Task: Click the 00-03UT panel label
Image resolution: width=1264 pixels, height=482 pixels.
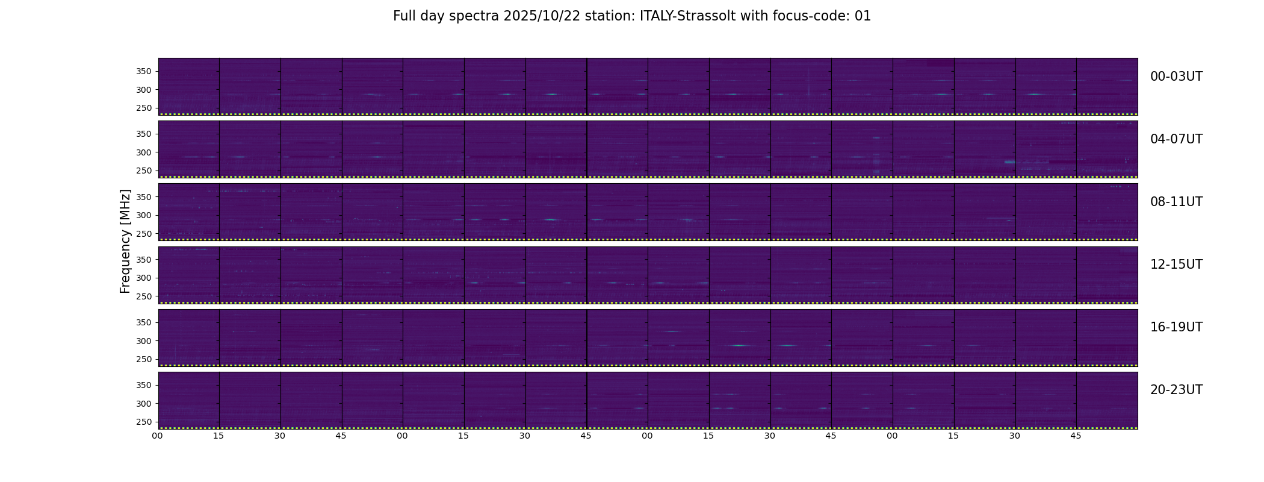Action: coord(1176,77)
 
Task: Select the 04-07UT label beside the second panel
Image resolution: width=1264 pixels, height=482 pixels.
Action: coord(1176,139)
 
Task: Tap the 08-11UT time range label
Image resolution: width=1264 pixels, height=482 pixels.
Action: coord(1176,202)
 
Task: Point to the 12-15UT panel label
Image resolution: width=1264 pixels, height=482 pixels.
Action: coord(1176,264)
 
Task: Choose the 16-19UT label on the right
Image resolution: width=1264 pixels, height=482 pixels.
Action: coord(1176,327)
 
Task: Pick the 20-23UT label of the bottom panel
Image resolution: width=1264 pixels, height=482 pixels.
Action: coord(1176,390)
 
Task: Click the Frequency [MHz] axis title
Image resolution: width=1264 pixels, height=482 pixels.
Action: coord(125,241)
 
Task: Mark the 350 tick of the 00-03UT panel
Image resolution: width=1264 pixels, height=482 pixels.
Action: coord(143,72)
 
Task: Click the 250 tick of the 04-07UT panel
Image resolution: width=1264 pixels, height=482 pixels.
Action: coord(143,171)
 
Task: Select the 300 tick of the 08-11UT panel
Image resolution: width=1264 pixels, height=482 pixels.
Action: coord(143,215)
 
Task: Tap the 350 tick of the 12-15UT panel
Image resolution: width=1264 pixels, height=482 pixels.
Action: coord(143,260)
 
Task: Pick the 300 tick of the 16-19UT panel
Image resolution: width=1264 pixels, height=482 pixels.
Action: coord(143,341)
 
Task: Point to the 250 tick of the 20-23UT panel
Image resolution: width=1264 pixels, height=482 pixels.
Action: coord(143,422)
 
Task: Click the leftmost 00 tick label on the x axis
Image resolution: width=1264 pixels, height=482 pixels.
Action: coord(158,436)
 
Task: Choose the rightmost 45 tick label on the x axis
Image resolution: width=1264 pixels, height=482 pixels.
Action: coord(1076,436)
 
